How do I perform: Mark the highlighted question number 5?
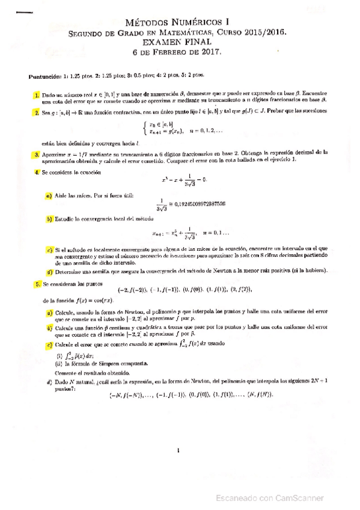pos(37,283)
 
